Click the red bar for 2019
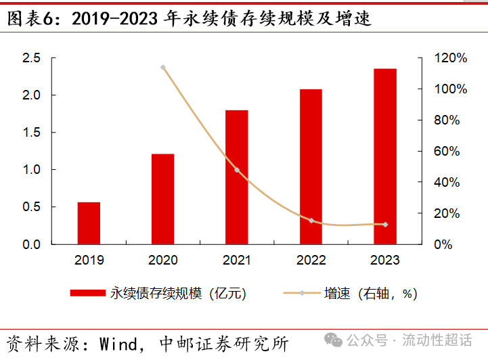point(89,223)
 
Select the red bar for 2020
point(162,199)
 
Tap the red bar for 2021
point(237,177)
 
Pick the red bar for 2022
point(311,166)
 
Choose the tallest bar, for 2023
point(385,156)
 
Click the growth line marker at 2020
point(162,68)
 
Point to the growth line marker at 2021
point(237,170)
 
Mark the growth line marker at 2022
point(311,221)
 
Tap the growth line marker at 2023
point(385,224)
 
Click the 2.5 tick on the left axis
point(31,58)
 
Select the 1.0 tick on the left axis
point(31,170)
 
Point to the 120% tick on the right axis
point(451,58)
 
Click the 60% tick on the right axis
point(447,151)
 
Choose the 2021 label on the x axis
point(237,260)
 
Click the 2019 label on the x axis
point(89,260)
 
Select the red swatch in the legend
point(88,293)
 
